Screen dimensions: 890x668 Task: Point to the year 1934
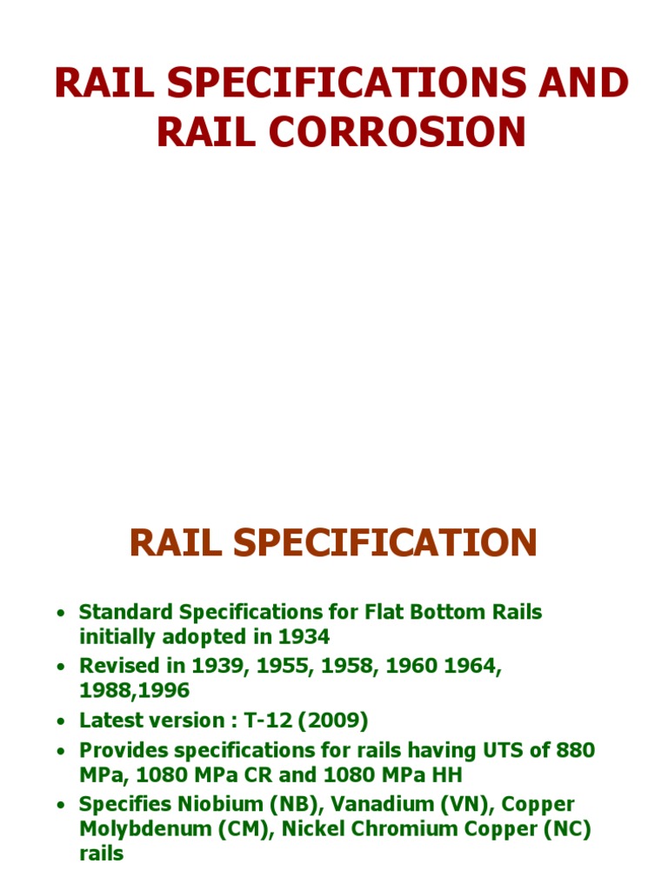click(304, 636)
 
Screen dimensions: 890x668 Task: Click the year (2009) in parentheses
click(339, 721)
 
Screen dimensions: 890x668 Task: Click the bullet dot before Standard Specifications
click(60, 614)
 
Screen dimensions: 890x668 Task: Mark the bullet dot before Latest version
click(60, 721)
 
